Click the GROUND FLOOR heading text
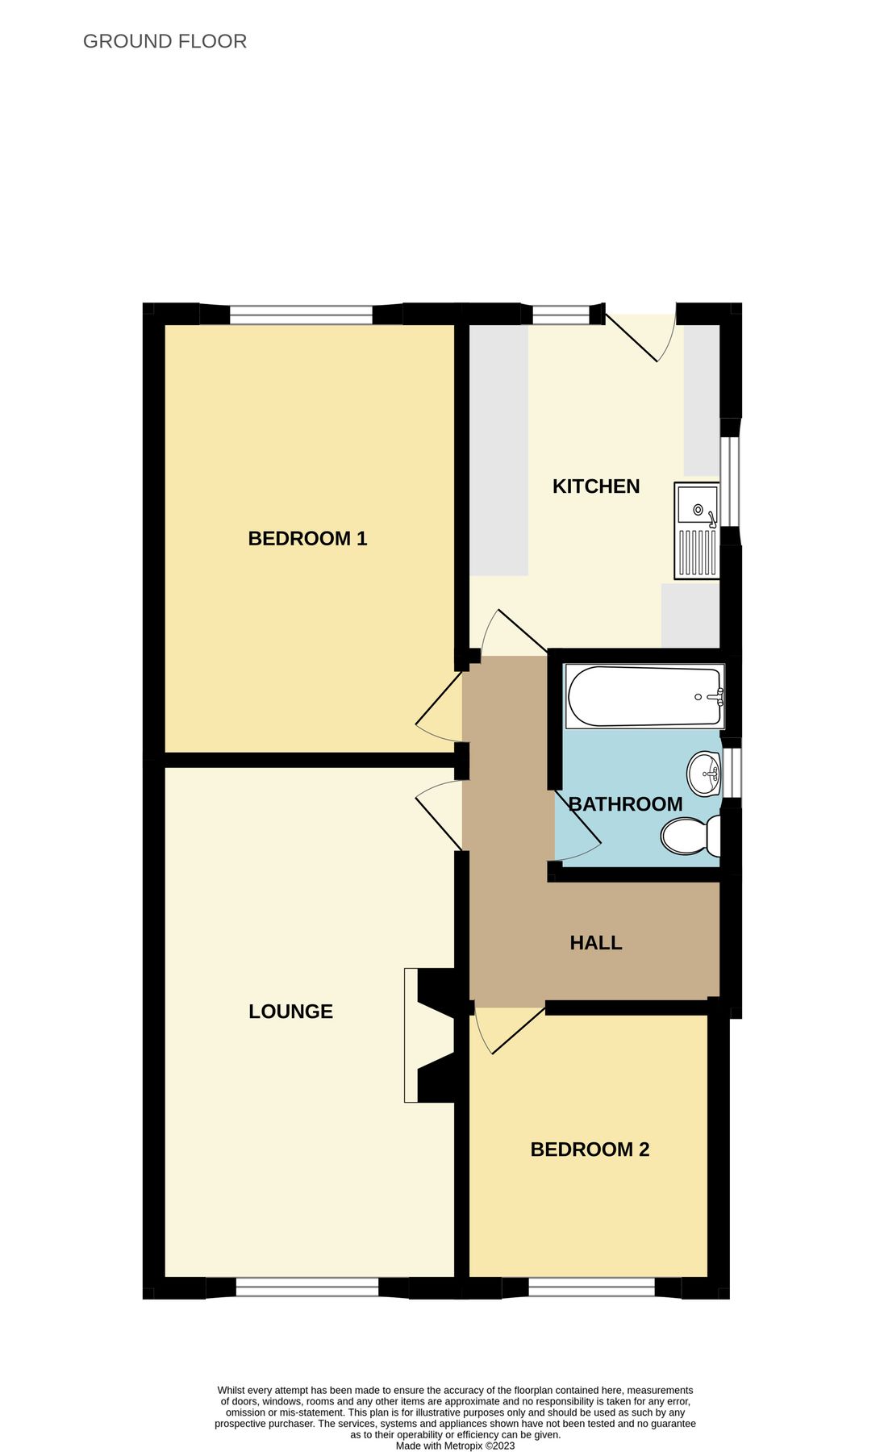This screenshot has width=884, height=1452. pyautogui.click(x=165, y=41)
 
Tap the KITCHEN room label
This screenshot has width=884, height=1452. pyautogui.click(x=596, y=486)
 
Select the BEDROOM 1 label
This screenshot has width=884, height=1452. pyautogui.click(x=307, y=538)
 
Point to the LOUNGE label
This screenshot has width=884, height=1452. pyautogui.click(x=290, y=1012)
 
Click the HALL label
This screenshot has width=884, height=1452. pyautogui.click(x=596, y=943)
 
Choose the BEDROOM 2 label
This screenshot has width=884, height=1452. pyautogui.click(x=590, y=1149)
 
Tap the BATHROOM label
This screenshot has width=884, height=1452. pyautogui.click(x=626, y=804)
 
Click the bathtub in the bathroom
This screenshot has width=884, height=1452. pyautogui.click(x=644, y=696)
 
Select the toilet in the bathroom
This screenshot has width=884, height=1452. pyautogui.click(x=690, y=837)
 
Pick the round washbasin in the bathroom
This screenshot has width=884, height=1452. pyautogui.click(x=704, y=774)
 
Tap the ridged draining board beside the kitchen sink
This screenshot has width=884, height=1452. pyautogui.click(x=698, y=553)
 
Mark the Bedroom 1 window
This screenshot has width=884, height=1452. pyautogui.click(x=301, y=315)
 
